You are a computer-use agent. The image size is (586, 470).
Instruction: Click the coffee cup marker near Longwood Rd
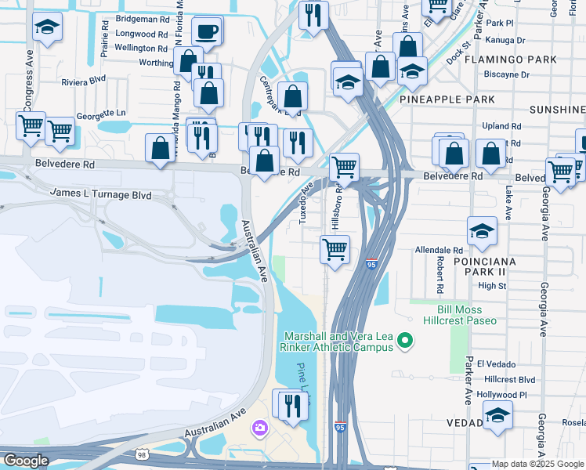coord(207,32)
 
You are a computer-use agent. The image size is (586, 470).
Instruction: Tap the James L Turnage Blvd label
coord(100,193)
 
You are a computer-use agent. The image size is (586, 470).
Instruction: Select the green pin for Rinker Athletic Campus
coord(405,339)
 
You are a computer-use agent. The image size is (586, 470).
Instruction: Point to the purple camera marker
coord(259,428)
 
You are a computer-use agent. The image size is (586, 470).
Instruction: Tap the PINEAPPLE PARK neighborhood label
coord(447,99)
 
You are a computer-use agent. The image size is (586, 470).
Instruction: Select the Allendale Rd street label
coord(440,249)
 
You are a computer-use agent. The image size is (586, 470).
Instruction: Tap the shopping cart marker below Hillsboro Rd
coord(335,250)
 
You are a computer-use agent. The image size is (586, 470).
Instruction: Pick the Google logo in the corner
coord(26,461)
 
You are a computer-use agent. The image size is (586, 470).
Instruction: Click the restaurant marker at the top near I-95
coord(313,15)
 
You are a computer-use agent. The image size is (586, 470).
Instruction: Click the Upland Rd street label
coord(503,126)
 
